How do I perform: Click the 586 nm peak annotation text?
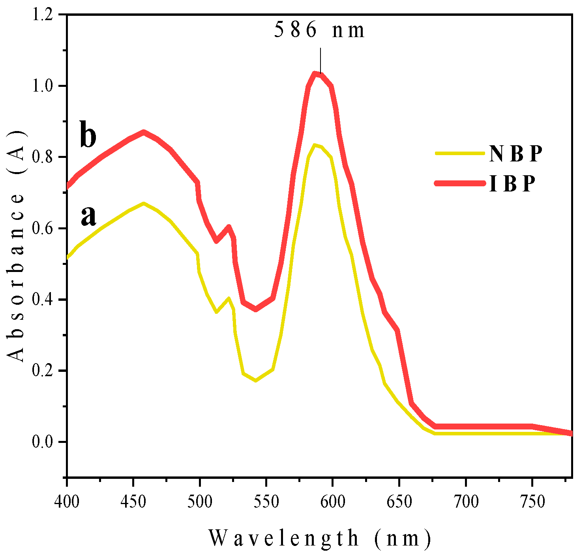pos(319,30)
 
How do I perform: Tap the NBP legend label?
pos(515,154)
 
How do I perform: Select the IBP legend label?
pos(512,184)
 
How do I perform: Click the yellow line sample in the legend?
pos(460,153)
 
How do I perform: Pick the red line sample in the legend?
pos(460,183)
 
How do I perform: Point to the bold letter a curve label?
pos(88,216)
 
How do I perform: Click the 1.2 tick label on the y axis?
pos(42,15)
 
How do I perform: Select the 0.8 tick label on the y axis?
pos(42,157)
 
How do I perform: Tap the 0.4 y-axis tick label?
pos(42,300)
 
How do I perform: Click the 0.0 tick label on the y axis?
pos(42,442)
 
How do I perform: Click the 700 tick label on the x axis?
pos(465,502)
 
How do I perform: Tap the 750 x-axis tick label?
pos(532,502)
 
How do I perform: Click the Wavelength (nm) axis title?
pos(319,538)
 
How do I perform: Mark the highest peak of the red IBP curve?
pos(315,73)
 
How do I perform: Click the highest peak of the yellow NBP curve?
pos(315,145)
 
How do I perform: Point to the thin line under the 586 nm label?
pos(320,60)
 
